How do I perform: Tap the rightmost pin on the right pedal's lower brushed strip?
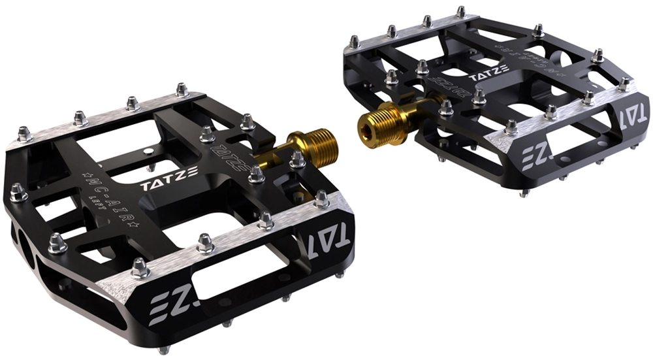click(623, 84)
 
